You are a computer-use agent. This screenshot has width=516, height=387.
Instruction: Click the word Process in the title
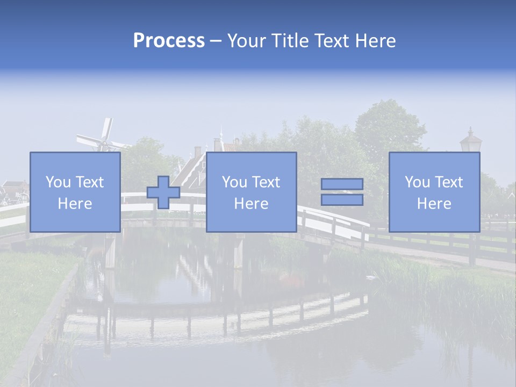pos(169,41)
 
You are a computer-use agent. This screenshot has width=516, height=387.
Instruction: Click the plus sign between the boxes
pos(163,192)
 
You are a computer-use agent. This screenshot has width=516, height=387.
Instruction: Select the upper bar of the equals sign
pos(342,184)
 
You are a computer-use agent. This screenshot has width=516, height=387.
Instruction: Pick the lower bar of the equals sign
pos(342,200)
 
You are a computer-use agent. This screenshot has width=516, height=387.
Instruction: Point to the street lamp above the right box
pos(471,141)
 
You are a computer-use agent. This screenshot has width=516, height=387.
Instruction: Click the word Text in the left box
pos(89,182)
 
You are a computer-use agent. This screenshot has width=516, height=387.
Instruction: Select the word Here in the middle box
pos(251,204)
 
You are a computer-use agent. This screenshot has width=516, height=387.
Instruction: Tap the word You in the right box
pos(417,182)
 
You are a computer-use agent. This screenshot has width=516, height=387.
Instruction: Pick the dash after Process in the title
pos(215,41)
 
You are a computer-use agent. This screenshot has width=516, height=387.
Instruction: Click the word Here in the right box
pos(434,204)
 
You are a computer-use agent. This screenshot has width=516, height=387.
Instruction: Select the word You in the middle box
pos(234,182)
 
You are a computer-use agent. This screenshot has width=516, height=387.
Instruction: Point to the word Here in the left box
pos(75,204)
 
